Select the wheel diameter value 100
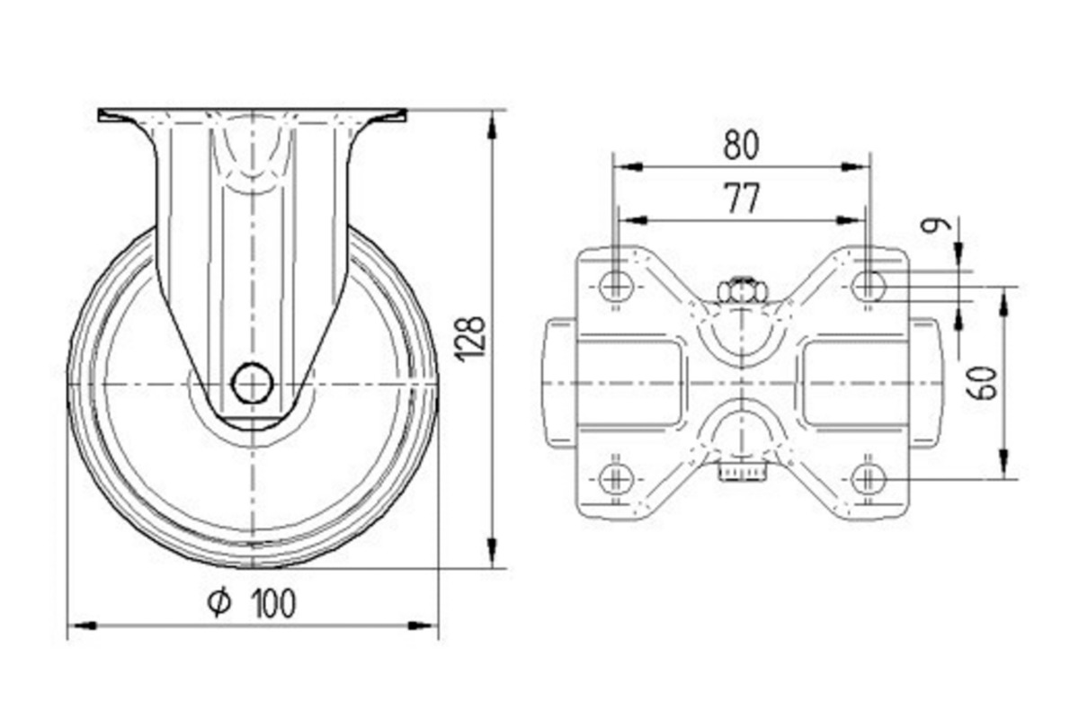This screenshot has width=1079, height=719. click(x=268, y=603)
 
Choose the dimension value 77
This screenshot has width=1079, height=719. click(x=741, y=200)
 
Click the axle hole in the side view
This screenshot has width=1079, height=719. click(x=253, y=384)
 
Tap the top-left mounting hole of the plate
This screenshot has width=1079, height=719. click(x=615, y=286)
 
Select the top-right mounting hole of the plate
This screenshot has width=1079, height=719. click(x=867, y=286)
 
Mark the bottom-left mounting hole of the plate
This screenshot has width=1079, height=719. click(x=615, y=476)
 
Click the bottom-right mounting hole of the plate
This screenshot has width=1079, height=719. click(x=867, y=476)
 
